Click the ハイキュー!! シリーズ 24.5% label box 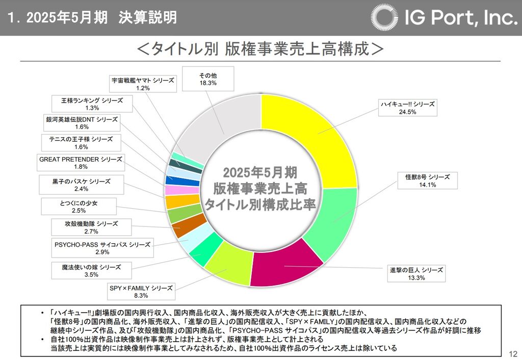click(x=407, y=108)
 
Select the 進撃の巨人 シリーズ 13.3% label click(x=416, y=273)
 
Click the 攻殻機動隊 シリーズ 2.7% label click(x=91, y=227)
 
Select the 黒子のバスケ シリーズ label click(x=81, y=185)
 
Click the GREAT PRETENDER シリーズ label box click(x=81, y=163)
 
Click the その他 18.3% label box click(x=208, y=79)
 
